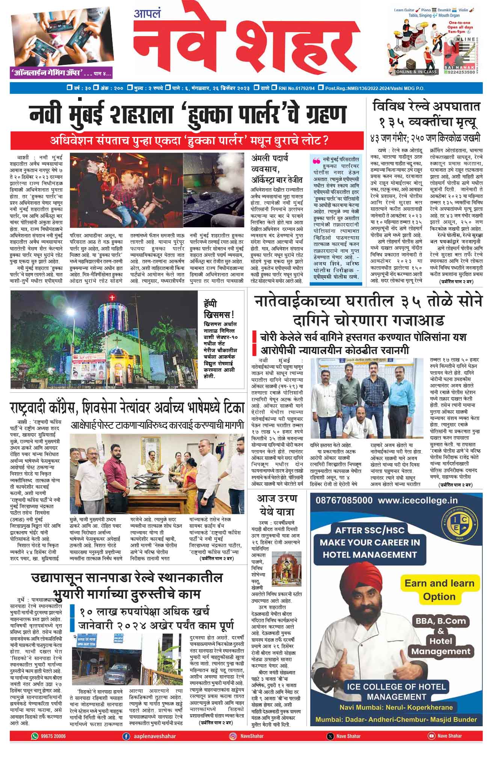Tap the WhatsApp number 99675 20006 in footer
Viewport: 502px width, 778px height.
tap(53, 736)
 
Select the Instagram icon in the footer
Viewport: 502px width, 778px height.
tap(233, 736)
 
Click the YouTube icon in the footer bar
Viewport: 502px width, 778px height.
tap(431, 736)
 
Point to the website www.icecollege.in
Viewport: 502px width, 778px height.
tap(418, 500)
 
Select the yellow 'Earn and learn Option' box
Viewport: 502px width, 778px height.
tap(439, 589)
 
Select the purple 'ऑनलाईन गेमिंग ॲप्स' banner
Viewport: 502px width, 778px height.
tap(62, 73)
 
